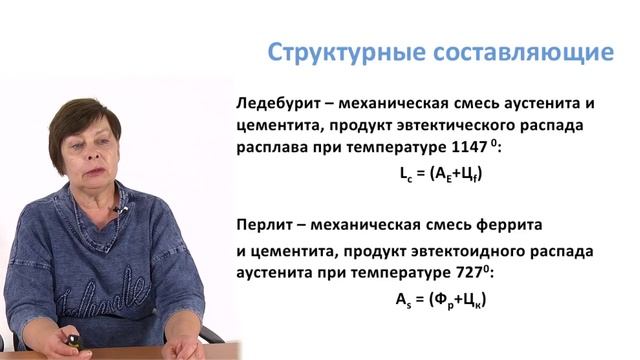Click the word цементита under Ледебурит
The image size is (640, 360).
(282, 125)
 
